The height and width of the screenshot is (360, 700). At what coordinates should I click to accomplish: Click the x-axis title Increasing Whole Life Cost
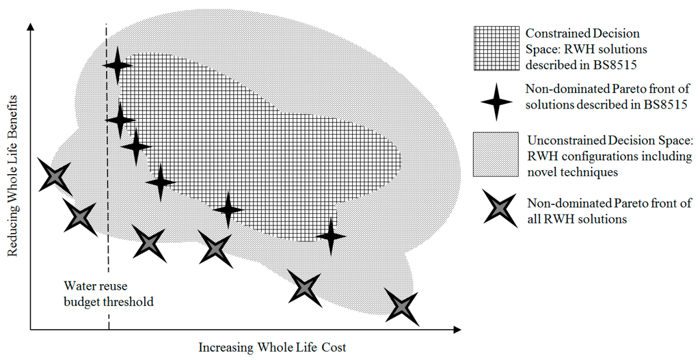tap(272, 347)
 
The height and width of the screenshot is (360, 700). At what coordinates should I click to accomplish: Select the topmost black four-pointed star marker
tap(118, 66)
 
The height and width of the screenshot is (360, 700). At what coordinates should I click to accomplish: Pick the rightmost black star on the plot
tap(332, 236)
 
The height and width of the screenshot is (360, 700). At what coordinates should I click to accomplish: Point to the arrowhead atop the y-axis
tap(30, 27)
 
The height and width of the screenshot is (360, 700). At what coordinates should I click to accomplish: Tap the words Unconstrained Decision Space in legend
tap(610, 141)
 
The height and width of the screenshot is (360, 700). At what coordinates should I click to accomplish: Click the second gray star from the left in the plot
tap(81, 216)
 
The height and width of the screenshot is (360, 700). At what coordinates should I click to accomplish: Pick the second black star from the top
tap(121, 120)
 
